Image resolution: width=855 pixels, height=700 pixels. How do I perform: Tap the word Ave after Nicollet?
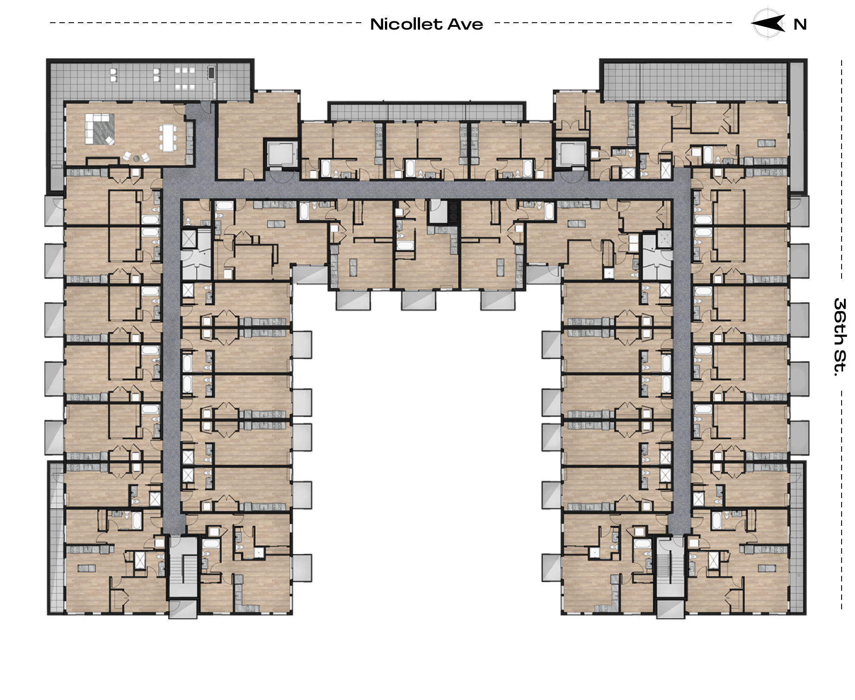465,24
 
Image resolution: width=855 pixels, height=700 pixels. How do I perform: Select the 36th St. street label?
840,337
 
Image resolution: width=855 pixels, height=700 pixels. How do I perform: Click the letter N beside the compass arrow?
800,25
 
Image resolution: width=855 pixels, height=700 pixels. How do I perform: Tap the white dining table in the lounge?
168,137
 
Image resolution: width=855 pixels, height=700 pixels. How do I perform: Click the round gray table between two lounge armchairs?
137,158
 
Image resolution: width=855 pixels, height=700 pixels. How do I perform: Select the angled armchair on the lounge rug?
110,140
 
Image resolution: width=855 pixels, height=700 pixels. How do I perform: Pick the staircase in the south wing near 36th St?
671,567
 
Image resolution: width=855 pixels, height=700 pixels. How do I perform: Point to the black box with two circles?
453,212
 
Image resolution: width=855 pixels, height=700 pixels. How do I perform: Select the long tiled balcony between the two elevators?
427,112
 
